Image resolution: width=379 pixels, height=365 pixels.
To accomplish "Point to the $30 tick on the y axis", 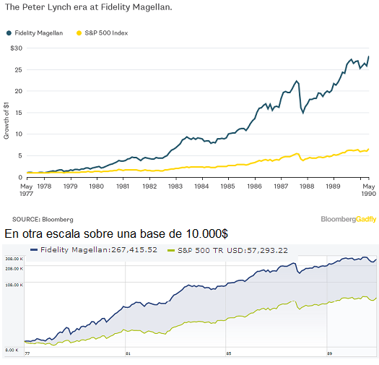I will click(16, 48).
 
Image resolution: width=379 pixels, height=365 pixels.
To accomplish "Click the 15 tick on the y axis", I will click(19, 112).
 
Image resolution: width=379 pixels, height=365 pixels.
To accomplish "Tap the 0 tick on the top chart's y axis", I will click(20, 177).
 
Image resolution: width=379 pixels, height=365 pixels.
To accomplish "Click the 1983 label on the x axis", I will click(175, 186).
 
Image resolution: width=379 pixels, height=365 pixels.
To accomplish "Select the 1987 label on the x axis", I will click(281, 186).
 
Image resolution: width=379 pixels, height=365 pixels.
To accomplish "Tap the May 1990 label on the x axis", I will click(369, 190).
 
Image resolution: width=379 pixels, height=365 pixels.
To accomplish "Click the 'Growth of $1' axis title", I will click(6, 119).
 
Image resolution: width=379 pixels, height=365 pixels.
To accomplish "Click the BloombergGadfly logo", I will click(348, 219).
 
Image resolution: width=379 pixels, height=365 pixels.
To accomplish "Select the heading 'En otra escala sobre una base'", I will click(116, 233).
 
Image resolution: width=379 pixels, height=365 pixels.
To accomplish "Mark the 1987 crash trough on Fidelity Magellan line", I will click(303, 113).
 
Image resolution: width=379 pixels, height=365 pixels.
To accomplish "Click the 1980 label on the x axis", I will click(96, 186).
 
